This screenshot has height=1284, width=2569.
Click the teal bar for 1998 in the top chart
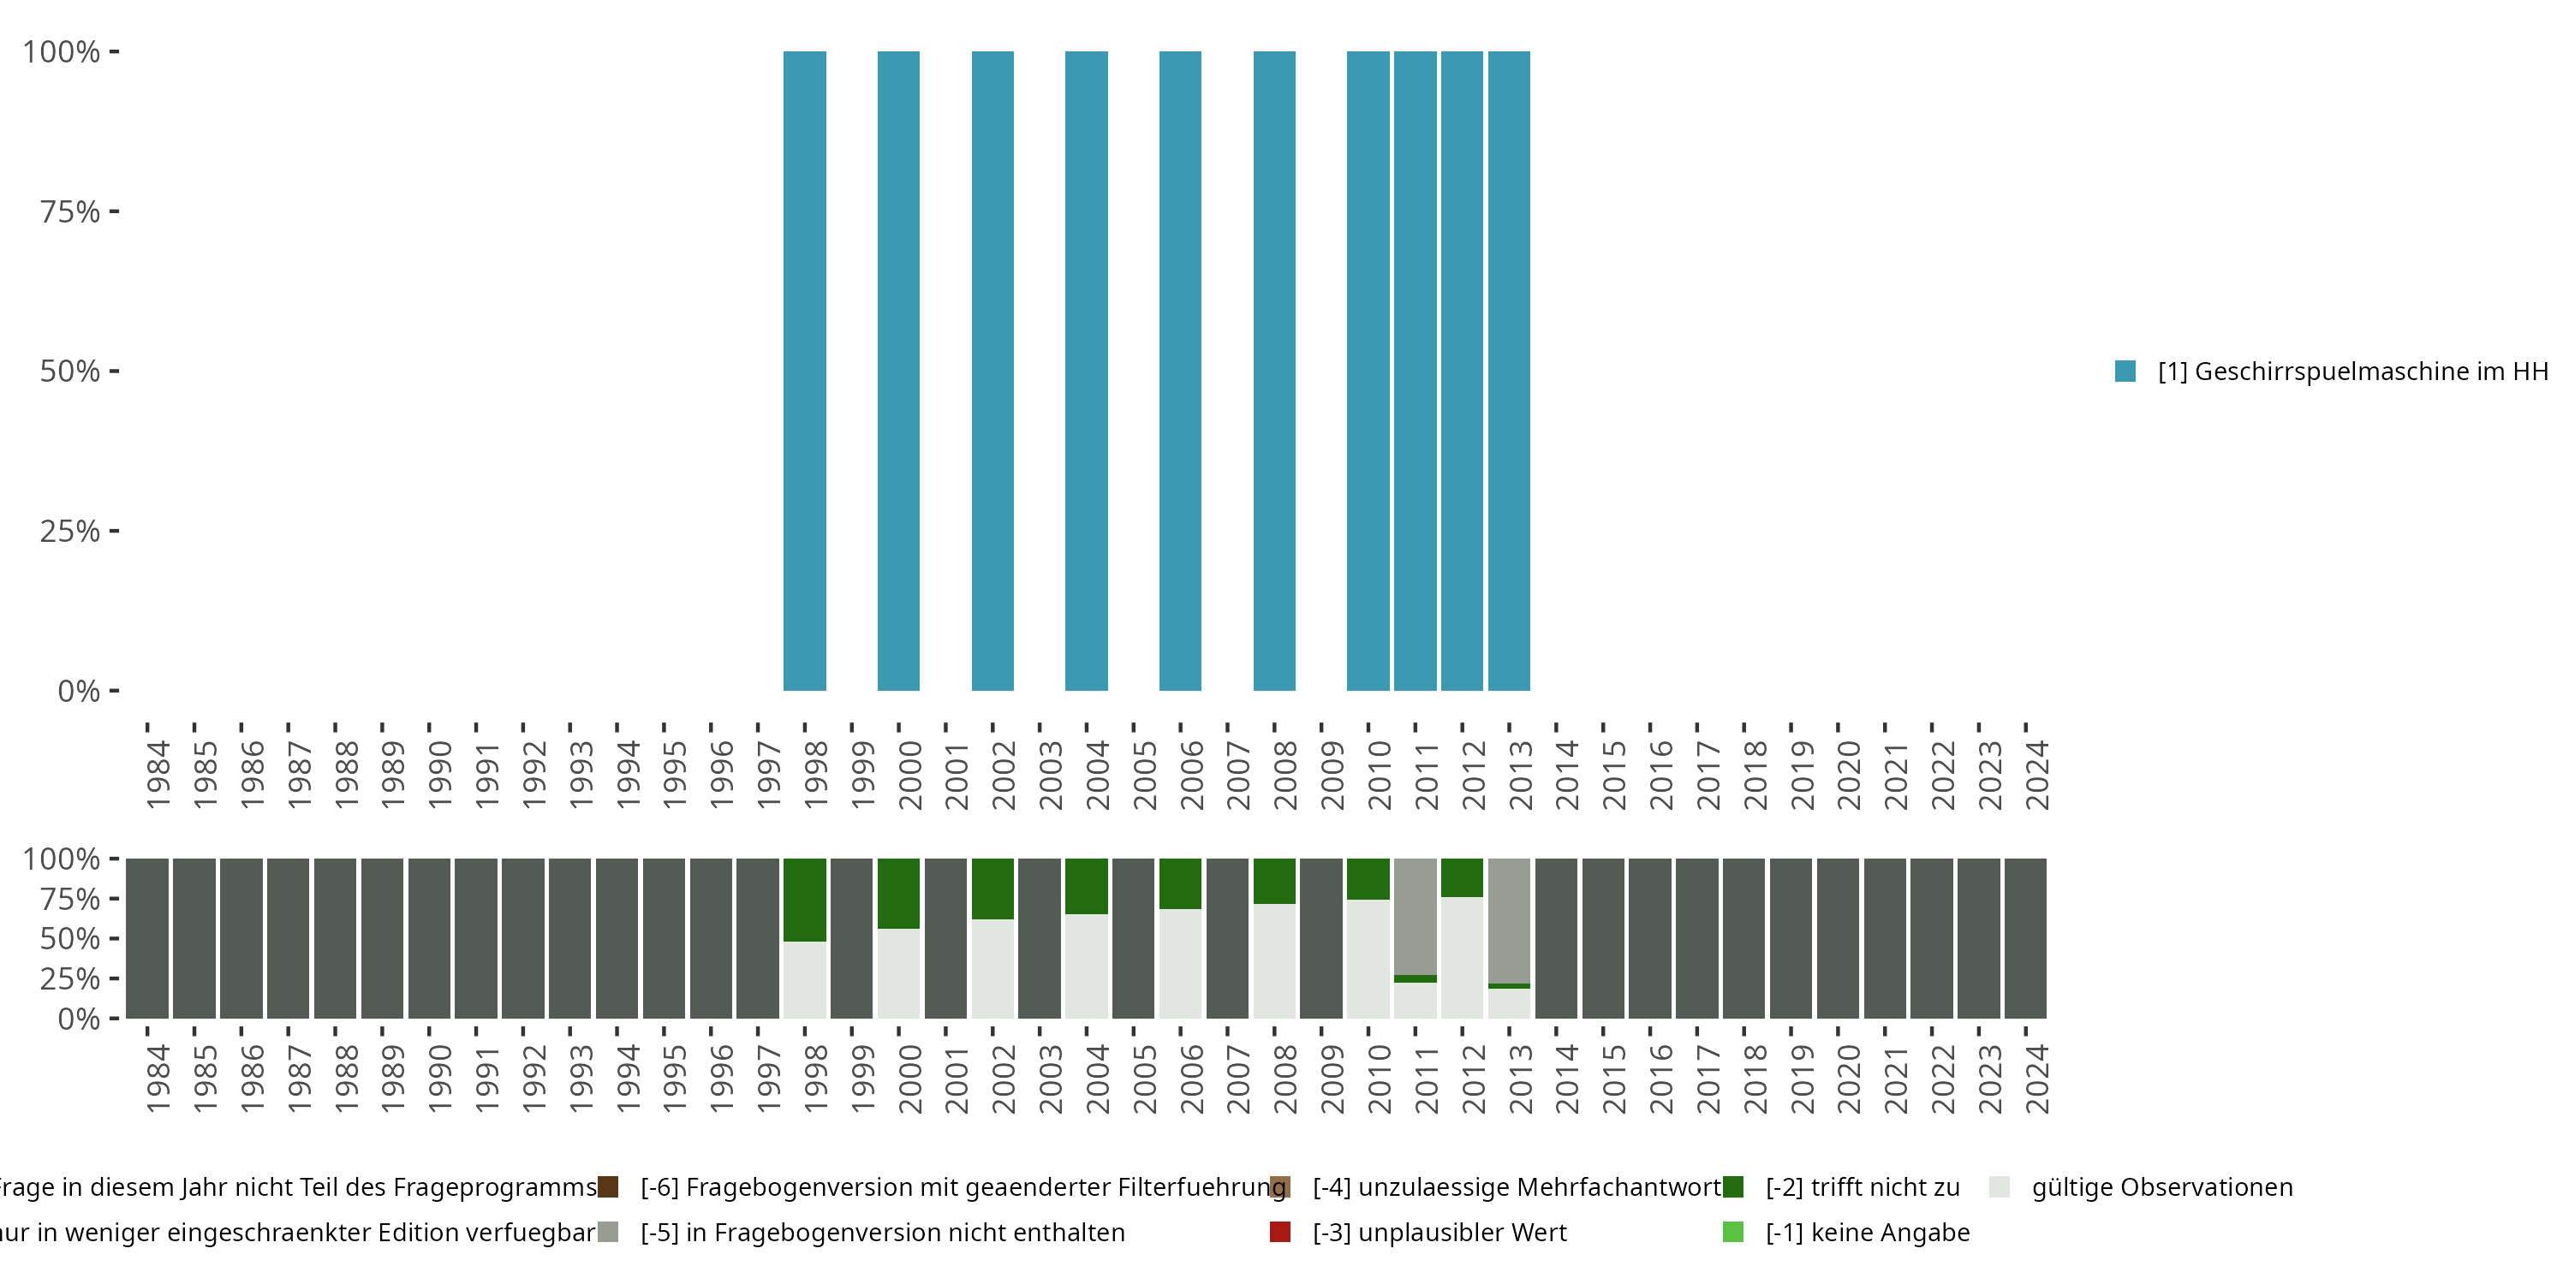coord(804,371)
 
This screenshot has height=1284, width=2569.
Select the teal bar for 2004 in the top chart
coord(1086,371)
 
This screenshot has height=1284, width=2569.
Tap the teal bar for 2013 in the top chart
coord(1508,371)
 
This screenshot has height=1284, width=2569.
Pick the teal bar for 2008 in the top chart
coord(1273,371)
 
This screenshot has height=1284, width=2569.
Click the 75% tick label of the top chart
coord(70,211)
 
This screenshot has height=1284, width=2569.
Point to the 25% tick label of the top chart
coord(70,531)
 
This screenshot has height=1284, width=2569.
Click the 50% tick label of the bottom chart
coord(70,938)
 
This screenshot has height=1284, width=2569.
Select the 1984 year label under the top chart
coord(158,774)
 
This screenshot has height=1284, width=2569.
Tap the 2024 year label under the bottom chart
coord(2036,1079)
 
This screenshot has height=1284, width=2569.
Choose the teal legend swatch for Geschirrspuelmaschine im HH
coord(2125,371)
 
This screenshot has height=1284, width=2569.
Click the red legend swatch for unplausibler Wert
coord(1279,1232)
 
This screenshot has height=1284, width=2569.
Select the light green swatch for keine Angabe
coord(1733,1232)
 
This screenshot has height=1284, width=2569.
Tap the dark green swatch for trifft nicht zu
coord(1733,1186)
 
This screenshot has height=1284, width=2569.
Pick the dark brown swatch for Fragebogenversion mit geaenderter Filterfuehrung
coord(607,1186)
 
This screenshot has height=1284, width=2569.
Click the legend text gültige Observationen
coord(2162,1186)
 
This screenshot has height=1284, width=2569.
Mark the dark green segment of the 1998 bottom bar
coord(804,899)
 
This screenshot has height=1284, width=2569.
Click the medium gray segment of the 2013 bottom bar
coord(1508,919)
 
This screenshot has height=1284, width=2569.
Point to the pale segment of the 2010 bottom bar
coord(1368,958)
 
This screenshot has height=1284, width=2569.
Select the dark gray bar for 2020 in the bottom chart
coord(1837,938)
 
